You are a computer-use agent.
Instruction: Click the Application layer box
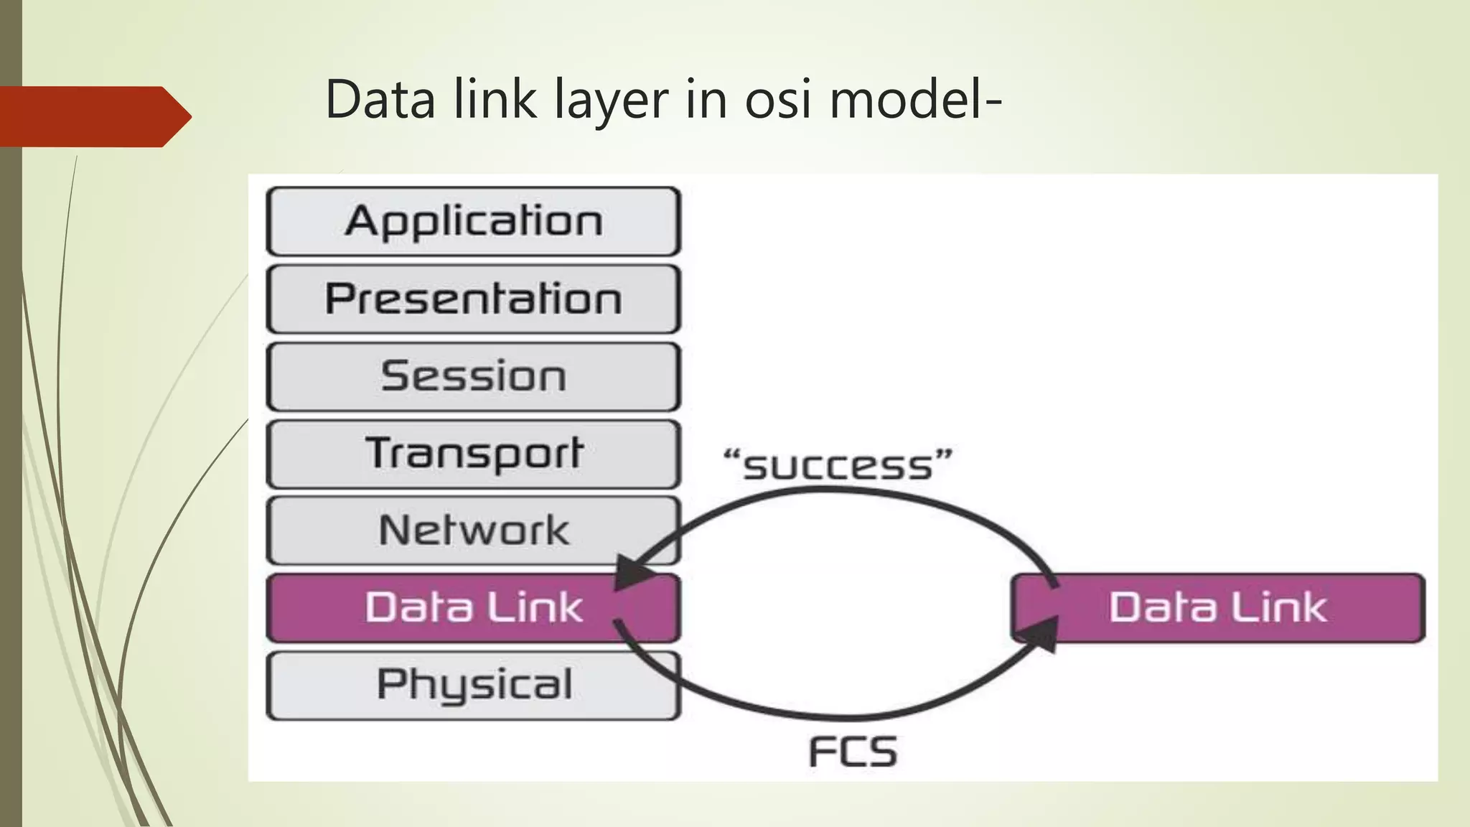coord(473,221)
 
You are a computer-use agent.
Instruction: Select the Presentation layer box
coord(473,299)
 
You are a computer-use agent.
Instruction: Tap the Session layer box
coord(473,376)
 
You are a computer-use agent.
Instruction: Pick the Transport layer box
coord(473,454)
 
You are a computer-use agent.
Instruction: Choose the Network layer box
coord(473,531)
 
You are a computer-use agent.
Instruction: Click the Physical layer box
coord(473,685)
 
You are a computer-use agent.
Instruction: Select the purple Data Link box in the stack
coord(473,607)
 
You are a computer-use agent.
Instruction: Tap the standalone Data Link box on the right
coord(1218,607)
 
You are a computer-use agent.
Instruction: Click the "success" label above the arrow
coord(838,465)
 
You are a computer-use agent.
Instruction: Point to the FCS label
coord(853,752)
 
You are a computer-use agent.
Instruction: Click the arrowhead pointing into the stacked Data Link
coord(631,574)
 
